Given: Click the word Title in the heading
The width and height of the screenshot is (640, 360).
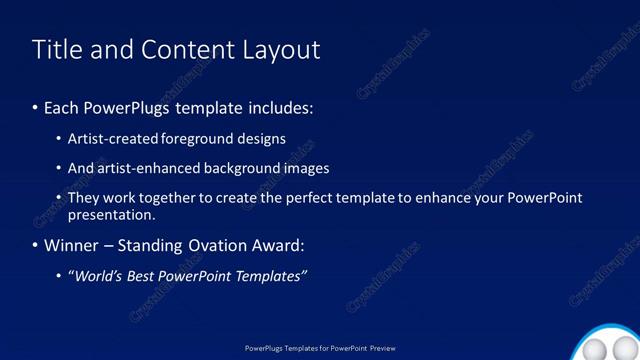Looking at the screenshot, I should click(55, 50).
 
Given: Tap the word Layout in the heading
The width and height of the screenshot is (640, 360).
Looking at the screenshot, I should click(282, 51).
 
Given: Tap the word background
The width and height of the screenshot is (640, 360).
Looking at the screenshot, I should click(242, 168).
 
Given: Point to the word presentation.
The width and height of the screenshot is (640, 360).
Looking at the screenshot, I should click(111, 215).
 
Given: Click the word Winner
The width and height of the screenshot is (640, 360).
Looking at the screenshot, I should click(72, 245).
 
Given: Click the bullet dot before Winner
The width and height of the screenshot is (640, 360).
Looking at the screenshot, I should click(35, 245).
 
